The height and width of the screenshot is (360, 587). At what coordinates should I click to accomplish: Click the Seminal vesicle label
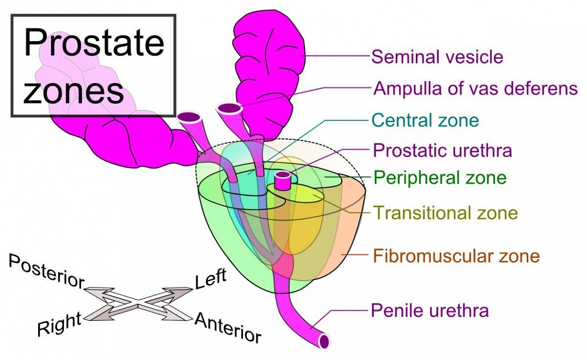pyautogui.click(x=437, y=57)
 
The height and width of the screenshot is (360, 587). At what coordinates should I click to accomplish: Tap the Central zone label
pyautogui.click(x=425, y=120)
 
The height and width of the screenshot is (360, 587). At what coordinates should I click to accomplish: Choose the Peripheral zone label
pyautogui.click(x=440, y=177)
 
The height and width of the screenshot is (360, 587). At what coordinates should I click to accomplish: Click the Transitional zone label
pyautogui.click(x=445, y=213)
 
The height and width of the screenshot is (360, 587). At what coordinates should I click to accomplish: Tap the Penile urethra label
pyautogui.click(x=429, y=310)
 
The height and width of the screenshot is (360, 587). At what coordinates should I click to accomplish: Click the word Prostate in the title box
pyautogui.click(x=94, y=43)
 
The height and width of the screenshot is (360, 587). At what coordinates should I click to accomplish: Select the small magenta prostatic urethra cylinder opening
pyautogui.click(x=282, y=176)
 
